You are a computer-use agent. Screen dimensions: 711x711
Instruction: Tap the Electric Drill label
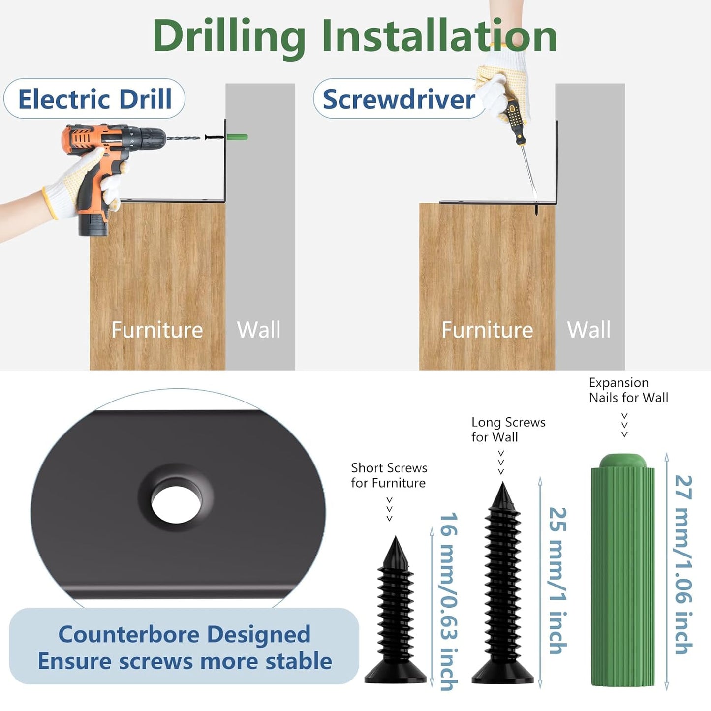pyautogui.click(x=94, y=99)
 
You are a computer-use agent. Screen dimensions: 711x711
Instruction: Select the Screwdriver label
pyautogui.click(x=399, y=99)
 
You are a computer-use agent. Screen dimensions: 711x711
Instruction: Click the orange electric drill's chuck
pyautogui.click(x=149, y=138)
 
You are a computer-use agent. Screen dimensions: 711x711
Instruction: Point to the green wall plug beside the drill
pyautogui.click(x=237, y=137)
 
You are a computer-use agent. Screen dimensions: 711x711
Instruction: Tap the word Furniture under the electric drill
pyautogui.click(x=157, y=330)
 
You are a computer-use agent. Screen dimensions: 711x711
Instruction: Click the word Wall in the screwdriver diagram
pyautogui.click(x=589, y=330)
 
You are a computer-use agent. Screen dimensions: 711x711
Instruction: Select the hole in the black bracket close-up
pyautogui.click(x=176, y=504)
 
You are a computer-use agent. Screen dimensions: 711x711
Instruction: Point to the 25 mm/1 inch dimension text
pyautogui.click(x=557, y=581)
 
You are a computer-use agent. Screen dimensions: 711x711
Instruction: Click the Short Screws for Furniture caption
pyautogui.click(x=389, y=475)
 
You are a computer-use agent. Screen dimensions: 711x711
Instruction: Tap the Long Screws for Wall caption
pyautogui.click(x=508, y=430)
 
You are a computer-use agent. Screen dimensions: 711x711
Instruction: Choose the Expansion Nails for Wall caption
pyautogui.click(x=628, y=390)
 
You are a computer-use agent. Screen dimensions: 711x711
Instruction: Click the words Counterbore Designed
pyautogui.click(x=184, y=634)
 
